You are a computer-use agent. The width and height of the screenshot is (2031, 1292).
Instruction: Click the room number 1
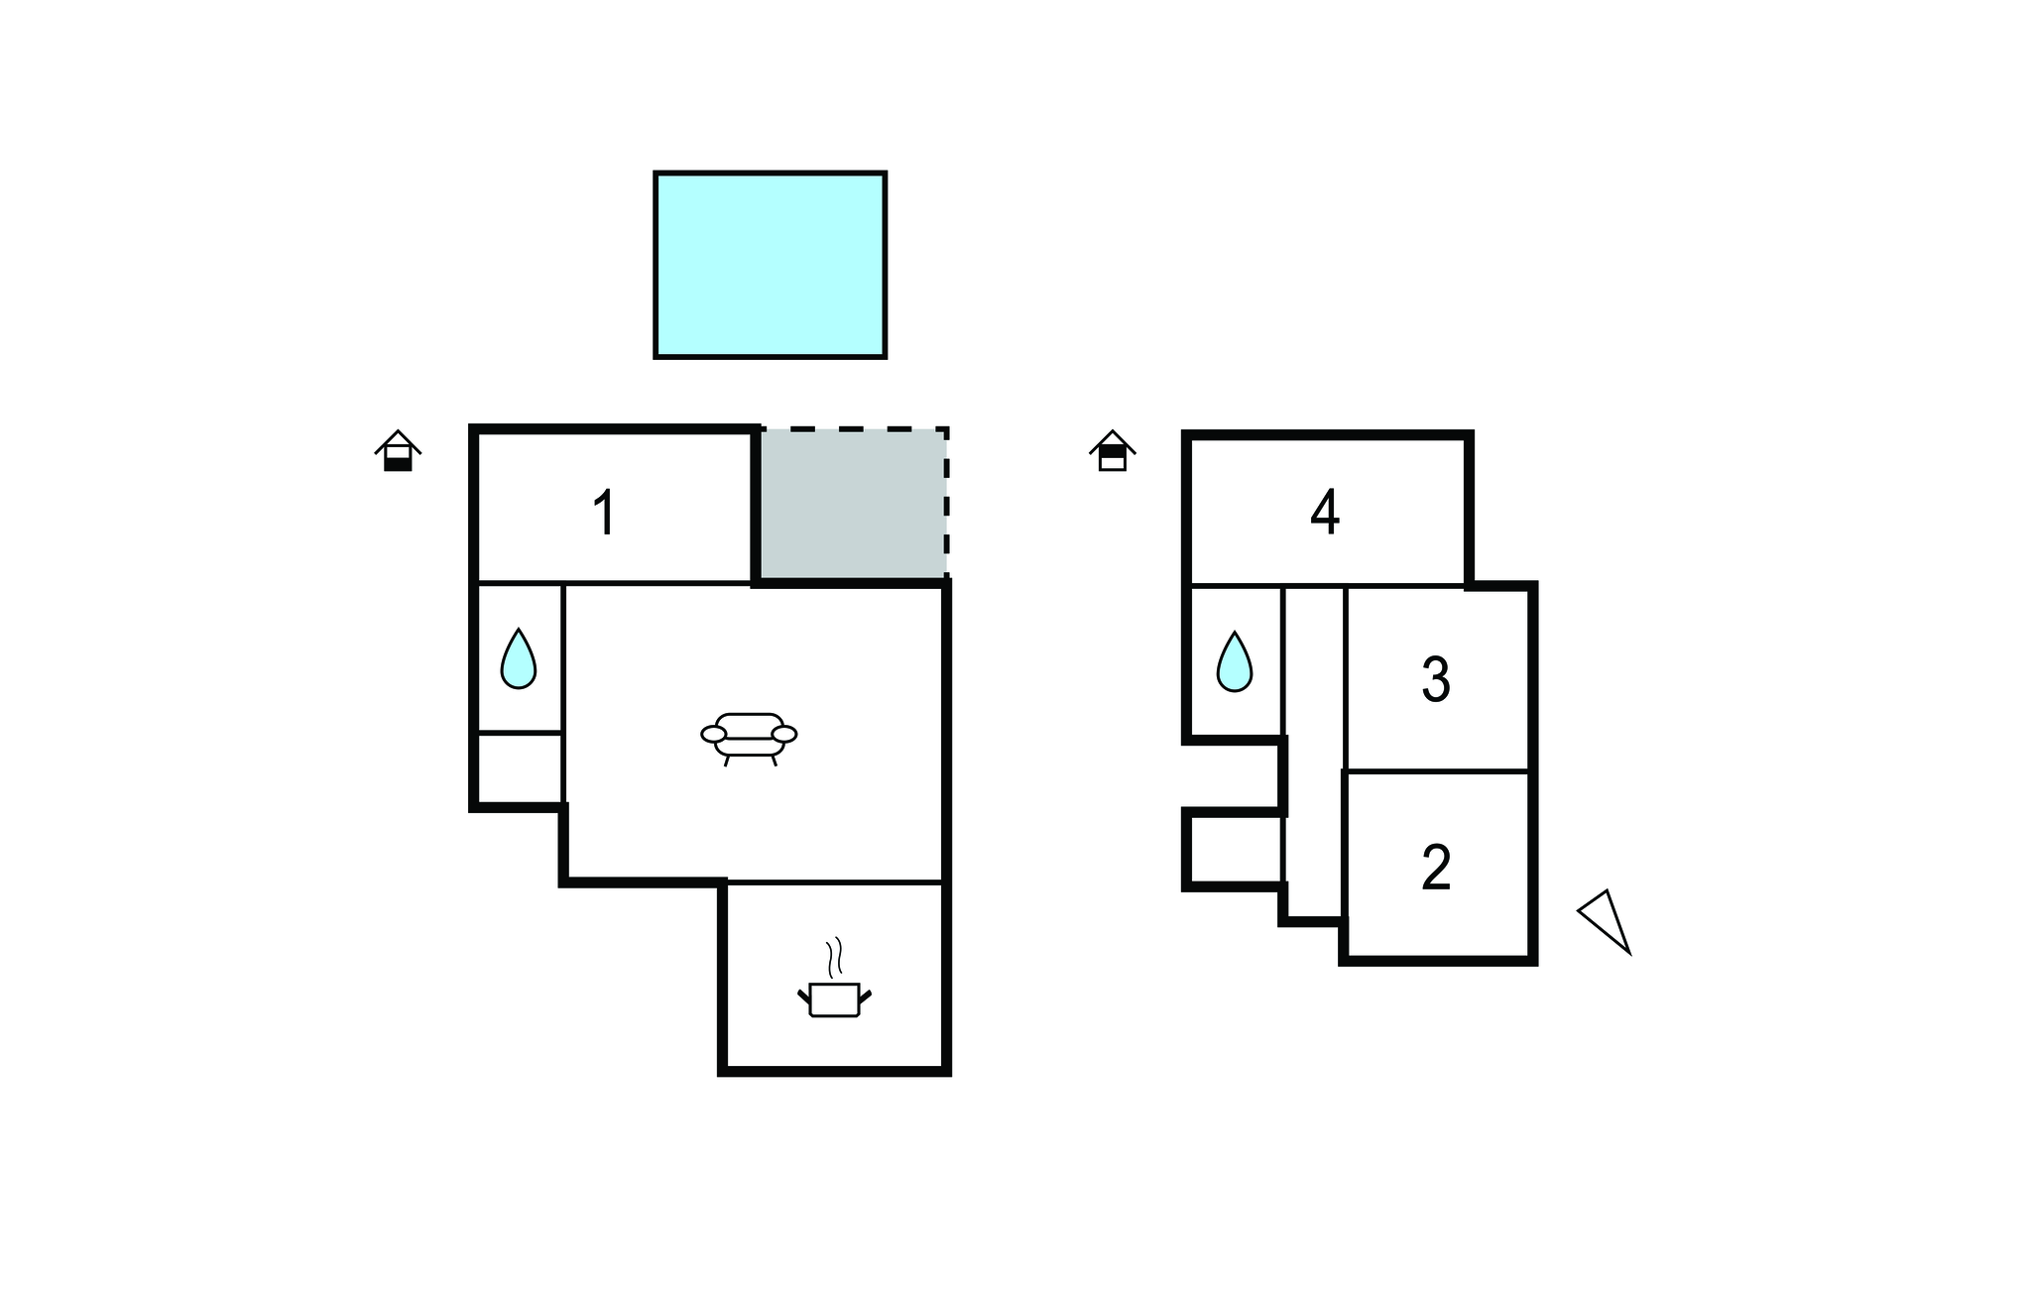click(x=604, y=513)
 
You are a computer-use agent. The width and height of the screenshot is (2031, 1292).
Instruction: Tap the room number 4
click(x=1325, y=512)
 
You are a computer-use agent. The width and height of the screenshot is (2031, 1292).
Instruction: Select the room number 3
click(x=1436, y=680)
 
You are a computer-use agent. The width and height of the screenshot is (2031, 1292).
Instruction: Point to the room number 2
click(x=1436, y=868)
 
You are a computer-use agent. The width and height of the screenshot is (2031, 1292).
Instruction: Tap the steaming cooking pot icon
click(x=834, y=997)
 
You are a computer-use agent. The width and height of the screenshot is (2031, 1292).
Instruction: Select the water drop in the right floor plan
click(x=1235, y=661)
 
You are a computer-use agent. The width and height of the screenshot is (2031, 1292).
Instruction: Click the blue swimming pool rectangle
click(x=770, y=265)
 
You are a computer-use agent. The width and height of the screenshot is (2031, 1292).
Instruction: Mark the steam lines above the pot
click(x=835, y=957)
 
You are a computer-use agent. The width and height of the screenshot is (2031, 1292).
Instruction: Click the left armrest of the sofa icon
click(x=713, y=734)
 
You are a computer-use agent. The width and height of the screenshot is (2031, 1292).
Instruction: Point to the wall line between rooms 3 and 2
click(x=1436, y=770)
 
